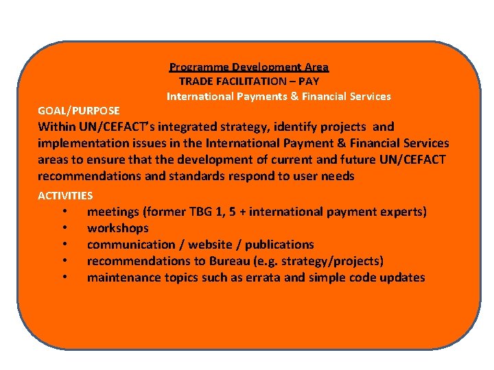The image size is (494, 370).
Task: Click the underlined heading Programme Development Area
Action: (x=249, y=67)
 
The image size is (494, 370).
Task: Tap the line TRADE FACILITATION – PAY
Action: (x=249, y=82)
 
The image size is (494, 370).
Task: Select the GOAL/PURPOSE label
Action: (x=79, y=110)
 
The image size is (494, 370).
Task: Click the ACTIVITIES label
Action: (x=65, y=196)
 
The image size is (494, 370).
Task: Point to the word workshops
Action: (x=117, y=228)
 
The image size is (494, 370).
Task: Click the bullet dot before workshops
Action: (x=64, y=228)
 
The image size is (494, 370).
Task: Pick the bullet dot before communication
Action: (x=64, y=245)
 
